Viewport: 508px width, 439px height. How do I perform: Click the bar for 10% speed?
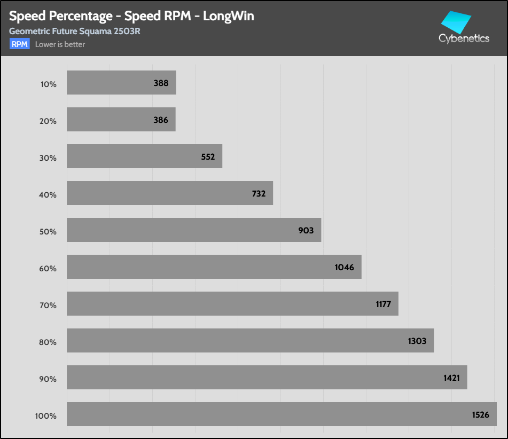coord(121,83)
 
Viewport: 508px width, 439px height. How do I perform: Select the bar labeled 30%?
coord(144,156)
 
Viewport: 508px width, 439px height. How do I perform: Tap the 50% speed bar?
coord(194,230)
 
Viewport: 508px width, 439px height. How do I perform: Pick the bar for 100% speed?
coord(282,414)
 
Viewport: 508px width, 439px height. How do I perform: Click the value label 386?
coord(161,120)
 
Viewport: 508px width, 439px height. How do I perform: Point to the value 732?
coord(259,194)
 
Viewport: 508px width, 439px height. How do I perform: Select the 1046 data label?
coord(344,268)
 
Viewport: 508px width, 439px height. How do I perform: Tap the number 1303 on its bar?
coord(417,341)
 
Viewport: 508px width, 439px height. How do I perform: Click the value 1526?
coord(480,415)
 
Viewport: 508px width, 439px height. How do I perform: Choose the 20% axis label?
coord(48,121)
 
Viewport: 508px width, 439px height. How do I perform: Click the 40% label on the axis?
coord(48,194)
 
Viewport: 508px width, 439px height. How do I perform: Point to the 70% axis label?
coord(48,305)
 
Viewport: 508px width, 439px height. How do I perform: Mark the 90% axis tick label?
coord(48,379)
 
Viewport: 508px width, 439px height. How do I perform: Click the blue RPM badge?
coord(20,44)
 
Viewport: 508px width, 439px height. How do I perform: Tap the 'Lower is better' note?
coord(60,44)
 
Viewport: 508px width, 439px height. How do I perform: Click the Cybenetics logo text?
coord(464,38)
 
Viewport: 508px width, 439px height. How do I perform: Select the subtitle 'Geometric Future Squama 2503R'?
coord(75,32)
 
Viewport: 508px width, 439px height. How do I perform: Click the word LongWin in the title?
coord(229,16)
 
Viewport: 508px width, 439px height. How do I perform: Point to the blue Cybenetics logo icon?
coord(456,22)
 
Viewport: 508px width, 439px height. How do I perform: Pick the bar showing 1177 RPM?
coord(232,304)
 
